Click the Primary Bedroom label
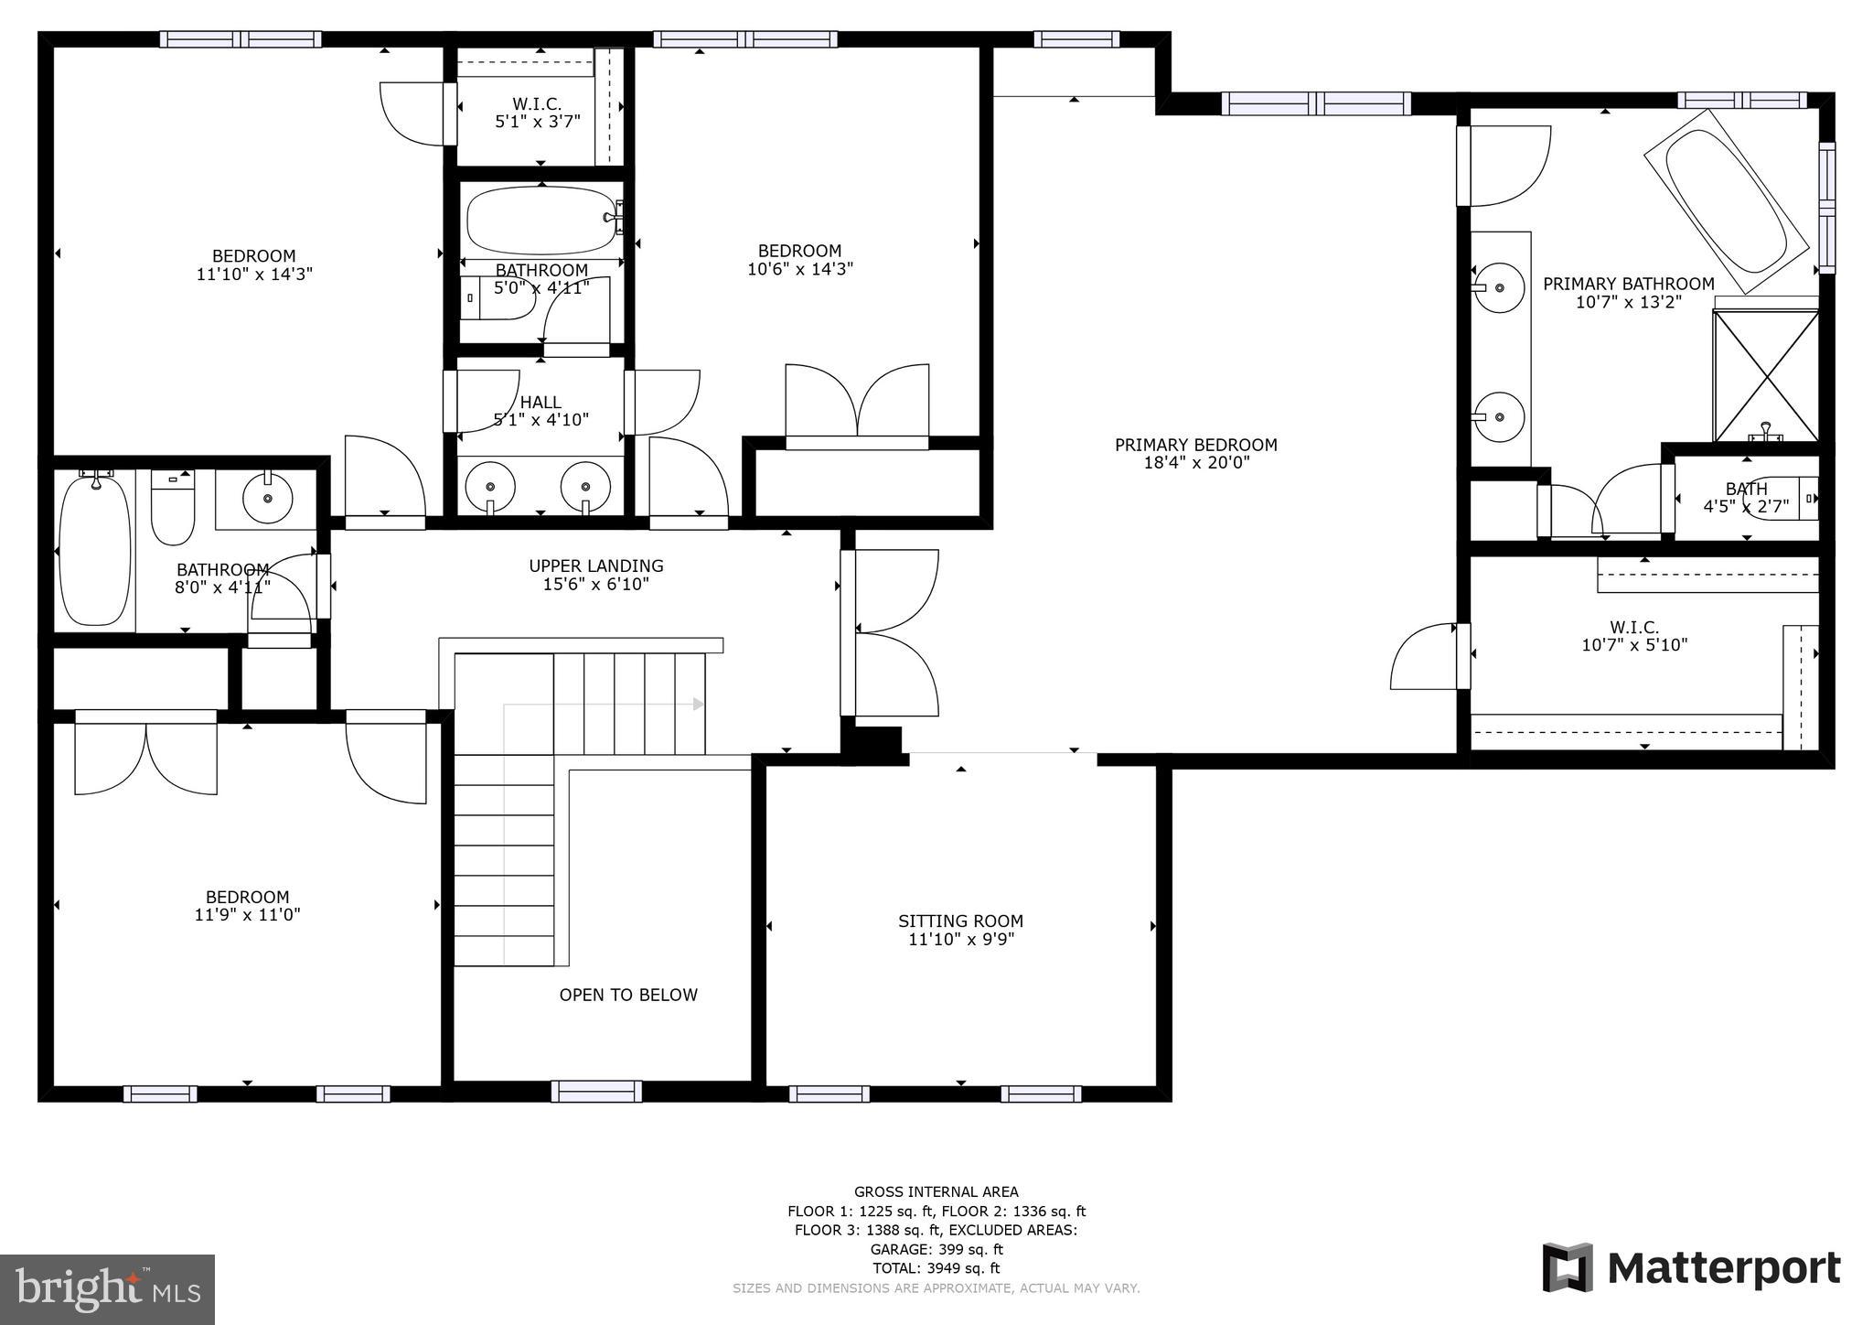click(1195, 445)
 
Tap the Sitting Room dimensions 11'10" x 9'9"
click(960, 940)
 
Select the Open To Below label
click(628, 995)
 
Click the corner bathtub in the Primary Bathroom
click(1725, 201)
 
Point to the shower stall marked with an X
click(1765, 376)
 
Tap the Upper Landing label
click(595, 566)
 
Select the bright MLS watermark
click(107, 1290)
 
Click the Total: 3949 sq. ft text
click(936, 1268)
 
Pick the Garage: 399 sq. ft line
click(936, 1249)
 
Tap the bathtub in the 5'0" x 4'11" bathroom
click(541, 221)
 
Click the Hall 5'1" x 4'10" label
click(540, 411)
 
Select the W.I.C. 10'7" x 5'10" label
click(1634, 636)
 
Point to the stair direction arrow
click(698, 704)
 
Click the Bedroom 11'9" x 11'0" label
click(247, 906)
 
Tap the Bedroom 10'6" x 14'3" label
click(799, 260)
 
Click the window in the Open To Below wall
click(595, 1091)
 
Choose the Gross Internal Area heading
click(936, 1191)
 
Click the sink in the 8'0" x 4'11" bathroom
click(267, 499)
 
